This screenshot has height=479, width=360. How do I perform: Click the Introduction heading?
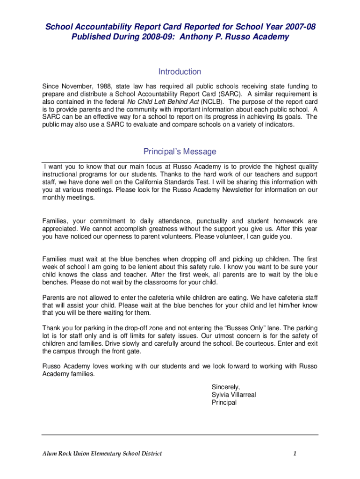click(x=180, y=72)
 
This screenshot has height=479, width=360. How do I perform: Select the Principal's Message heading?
click(x=180, y=152)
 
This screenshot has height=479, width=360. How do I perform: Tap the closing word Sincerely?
click(x=226, y=387)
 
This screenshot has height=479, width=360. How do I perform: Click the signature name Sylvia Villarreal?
click(x=234, y=395)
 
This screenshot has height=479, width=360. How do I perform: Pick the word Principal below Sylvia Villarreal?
click(x=224, y=402)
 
